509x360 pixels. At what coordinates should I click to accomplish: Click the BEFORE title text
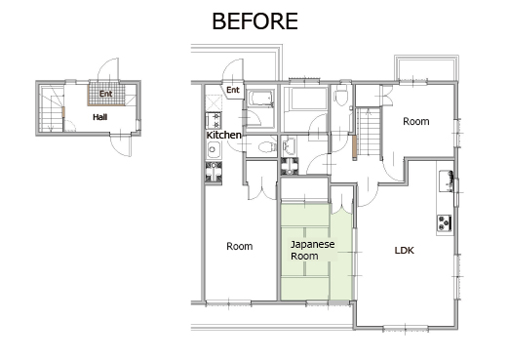[x=254, y=21]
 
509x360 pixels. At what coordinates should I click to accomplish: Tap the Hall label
[x=99, y=117]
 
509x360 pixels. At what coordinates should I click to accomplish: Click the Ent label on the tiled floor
[x=105, y=94]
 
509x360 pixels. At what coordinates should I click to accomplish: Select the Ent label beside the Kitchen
[x=233, y=90]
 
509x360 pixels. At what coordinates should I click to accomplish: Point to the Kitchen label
[x=224, y=135]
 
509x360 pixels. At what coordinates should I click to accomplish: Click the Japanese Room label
[x=312, y=250]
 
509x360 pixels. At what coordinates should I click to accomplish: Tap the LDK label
[x=404, y=251]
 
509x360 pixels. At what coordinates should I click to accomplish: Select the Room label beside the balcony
[x=416, y=121]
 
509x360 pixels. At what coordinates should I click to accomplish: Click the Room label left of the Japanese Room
[x=240, y=246]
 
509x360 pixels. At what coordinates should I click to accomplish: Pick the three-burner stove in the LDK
[x=445, y=223]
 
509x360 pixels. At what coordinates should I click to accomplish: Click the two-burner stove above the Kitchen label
[x=214, y=120]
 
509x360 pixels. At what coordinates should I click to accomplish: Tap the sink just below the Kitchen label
[x=214, y=150]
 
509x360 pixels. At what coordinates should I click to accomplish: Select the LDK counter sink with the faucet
[x=446, y=180]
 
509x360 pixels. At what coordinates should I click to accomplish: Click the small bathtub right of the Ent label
[x=261, y=98]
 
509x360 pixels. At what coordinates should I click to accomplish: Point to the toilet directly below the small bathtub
[x=266, y=147]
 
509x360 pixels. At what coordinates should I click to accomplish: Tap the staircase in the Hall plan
[x=52, y=109]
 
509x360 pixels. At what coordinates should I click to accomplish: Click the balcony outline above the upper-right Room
[x=426, y=67]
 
